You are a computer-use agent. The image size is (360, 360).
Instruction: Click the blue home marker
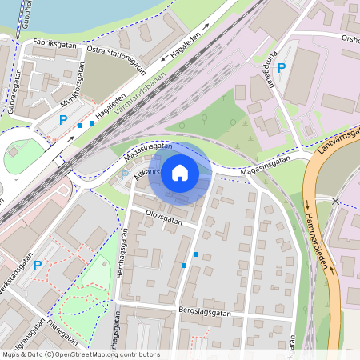coord(180,172)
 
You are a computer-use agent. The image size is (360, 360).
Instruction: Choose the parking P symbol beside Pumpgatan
coord(281,69)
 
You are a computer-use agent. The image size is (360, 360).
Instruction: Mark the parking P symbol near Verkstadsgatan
coord(38,264)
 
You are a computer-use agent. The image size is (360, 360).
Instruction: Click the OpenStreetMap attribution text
coord(81,354)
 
